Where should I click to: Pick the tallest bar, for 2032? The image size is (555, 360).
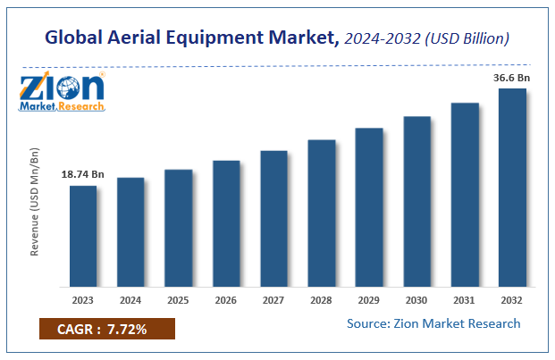(x=512, y=187)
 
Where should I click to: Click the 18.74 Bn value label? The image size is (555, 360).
(x=83, y=173)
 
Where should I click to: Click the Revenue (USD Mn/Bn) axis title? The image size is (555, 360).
(x=35, y=203)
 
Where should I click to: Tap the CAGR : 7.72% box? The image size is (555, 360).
(x=106, y=330)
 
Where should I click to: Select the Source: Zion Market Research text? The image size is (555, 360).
(x=432, y=323)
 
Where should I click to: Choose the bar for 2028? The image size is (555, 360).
(x=322, y=213)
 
